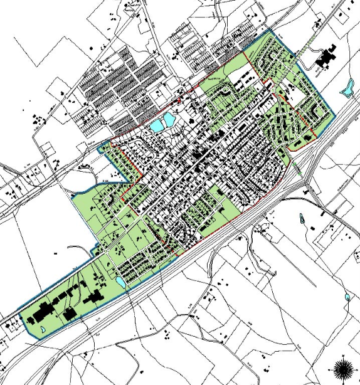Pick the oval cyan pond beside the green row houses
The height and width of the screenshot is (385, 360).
[120, 282]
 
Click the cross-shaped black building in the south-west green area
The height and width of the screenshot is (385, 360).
[95, 298]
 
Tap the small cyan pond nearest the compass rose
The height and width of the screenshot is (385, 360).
[347, 297]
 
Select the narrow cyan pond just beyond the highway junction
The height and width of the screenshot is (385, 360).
[302, 220]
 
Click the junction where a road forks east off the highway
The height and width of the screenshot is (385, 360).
[305, 182]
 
